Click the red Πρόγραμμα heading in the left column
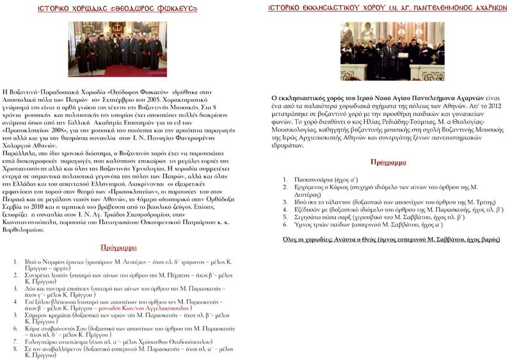point(119,247)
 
